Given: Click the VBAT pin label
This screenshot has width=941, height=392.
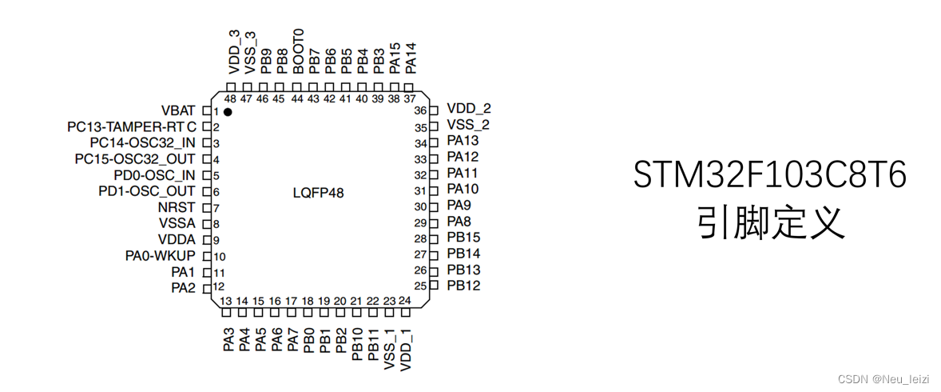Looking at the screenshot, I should [178, 110].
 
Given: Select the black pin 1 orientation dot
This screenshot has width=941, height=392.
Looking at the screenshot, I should [228, 112].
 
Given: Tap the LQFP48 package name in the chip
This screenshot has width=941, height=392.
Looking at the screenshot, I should [319, 193].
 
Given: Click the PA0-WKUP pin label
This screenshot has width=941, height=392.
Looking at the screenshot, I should [160, 256].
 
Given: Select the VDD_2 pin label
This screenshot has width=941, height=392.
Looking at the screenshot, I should [469, 109].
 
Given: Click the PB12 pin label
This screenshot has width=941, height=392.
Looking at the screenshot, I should [463, 285].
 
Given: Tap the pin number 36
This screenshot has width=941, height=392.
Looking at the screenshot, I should [421, 110].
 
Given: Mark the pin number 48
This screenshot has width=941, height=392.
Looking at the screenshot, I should [230, 99].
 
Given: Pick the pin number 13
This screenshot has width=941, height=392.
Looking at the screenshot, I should [227, 301].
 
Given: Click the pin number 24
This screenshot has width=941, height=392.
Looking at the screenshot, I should [405, 301].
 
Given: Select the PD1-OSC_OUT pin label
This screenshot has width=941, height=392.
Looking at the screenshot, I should [146, 191].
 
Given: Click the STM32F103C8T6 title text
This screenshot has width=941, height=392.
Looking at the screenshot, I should [770, 175].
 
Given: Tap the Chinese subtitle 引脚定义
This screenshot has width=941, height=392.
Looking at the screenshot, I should [770, 223].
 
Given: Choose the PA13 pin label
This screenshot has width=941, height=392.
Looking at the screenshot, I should [463, 141].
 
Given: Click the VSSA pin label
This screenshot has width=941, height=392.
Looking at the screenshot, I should [177, 224].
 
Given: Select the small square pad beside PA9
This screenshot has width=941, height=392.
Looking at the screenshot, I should [435, 206].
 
